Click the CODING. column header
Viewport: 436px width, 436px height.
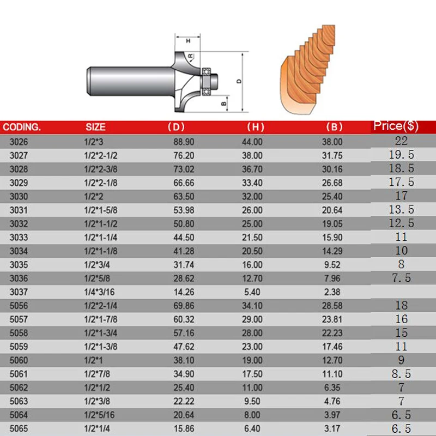point(22,127)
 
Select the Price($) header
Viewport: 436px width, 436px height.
point(396,126)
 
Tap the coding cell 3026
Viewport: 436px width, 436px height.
point(19,142)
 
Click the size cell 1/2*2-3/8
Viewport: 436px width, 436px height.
point(101,169)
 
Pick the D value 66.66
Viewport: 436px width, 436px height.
point(184,183)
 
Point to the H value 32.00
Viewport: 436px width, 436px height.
point(252,196)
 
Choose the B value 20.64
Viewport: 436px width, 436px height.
point(332,210)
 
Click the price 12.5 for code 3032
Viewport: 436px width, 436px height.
point(401,223)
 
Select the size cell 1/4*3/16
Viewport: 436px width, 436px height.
point(99,292)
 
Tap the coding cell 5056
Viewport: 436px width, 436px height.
point(19,306)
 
